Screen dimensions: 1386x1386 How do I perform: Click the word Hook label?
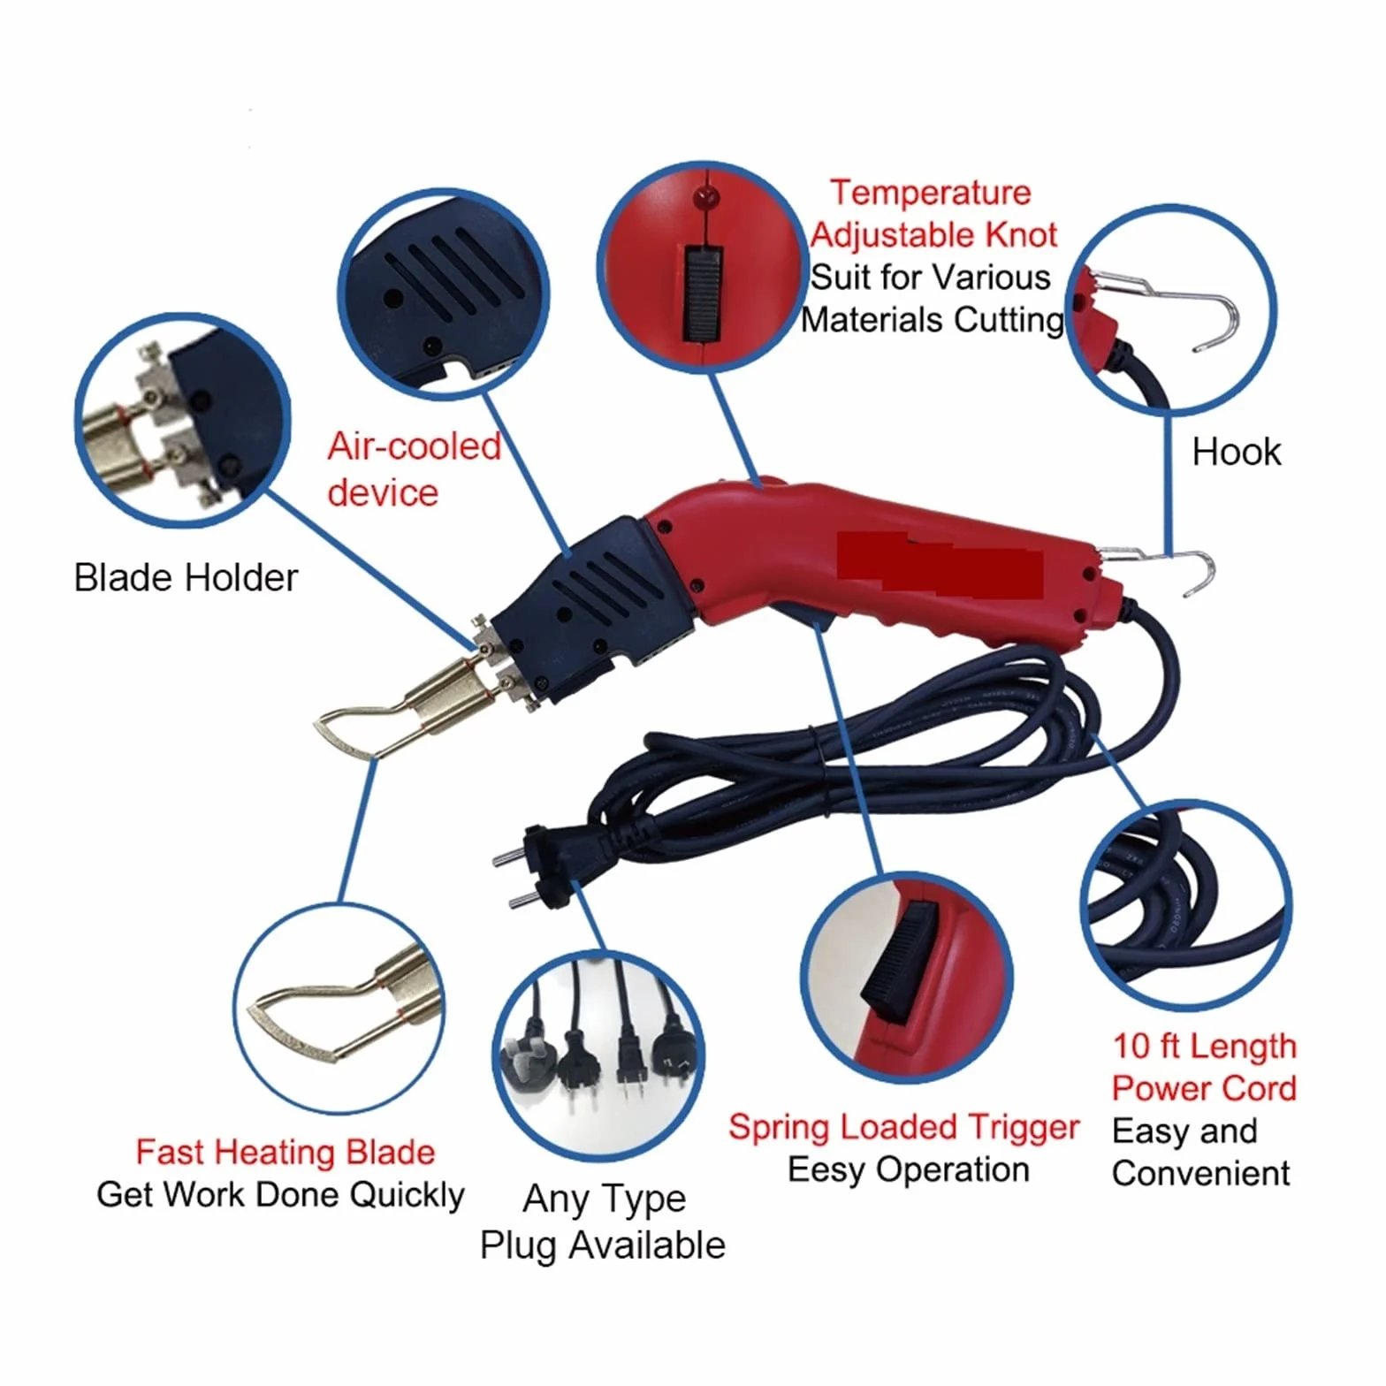(1236, 452)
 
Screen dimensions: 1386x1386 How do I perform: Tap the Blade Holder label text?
(186, 577)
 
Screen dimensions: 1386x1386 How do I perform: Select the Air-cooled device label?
(414, 469)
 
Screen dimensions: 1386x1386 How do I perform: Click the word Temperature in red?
(931, 193)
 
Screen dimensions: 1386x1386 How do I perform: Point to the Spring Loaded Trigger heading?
(903, 1128)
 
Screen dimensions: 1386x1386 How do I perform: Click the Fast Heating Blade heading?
(285, 1152)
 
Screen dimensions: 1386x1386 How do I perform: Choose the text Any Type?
(605, 1199)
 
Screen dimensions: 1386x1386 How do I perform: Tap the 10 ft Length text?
(1204, 1046)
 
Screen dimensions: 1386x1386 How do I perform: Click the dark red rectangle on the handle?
(940, 566)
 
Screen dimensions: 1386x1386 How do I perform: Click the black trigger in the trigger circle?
(897, 963)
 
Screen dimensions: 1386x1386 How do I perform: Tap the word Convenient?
(1200, 1173)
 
